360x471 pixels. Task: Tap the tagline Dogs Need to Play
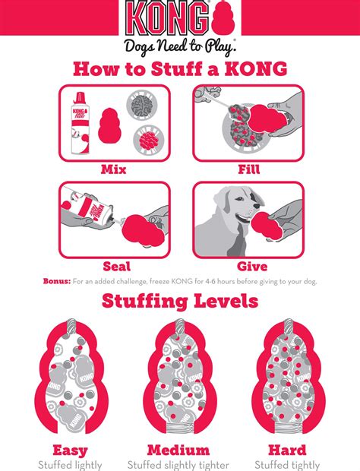coord(179,44)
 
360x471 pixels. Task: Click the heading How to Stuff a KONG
coord(179,68)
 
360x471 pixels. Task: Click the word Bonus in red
coord(56,281)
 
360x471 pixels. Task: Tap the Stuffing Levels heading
coord(180,302)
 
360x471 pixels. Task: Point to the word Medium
coord(178,450)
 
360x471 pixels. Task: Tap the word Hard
coord(286,450)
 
